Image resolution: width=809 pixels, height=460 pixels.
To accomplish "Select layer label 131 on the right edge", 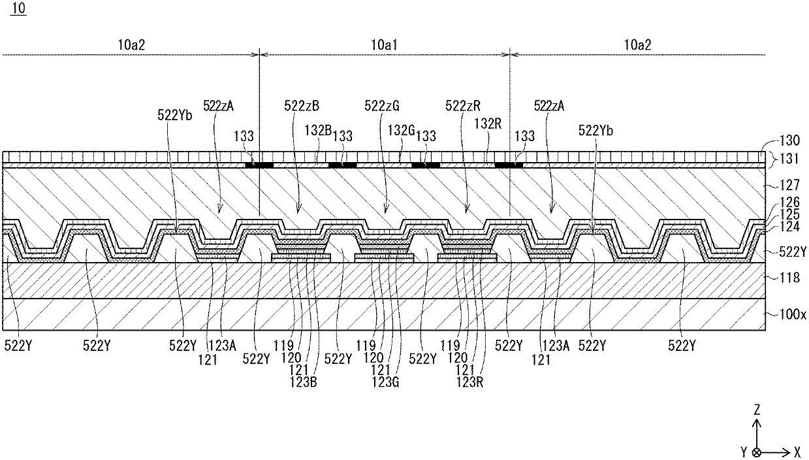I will [786, 157].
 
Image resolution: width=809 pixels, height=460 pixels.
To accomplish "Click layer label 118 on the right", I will [782, 278].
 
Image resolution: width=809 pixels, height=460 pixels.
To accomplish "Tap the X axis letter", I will [797, 451].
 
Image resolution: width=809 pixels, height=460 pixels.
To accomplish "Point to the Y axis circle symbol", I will [756, 452].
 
